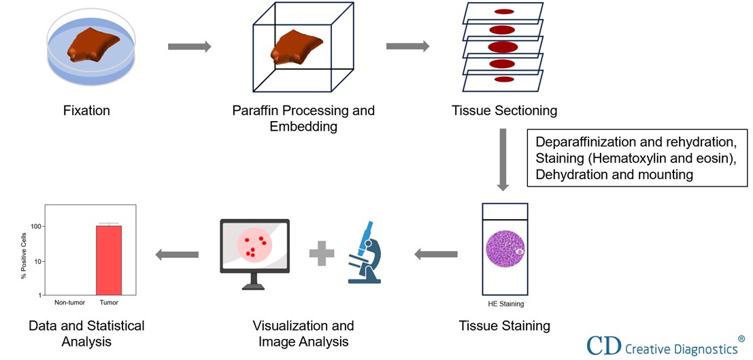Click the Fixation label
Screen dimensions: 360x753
pos(86,110)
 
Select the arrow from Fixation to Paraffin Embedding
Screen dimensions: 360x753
pos(189,46)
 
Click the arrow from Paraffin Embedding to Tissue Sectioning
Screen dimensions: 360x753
pos(407,46)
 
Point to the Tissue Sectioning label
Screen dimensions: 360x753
pos(504,110)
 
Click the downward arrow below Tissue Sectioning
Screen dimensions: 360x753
pos(503,160)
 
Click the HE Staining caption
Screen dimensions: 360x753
pos(505,304)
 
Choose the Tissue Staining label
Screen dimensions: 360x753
pos(504,325)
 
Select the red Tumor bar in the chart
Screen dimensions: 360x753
pos(108,259)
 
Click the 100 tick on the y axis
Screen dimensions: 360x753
pos(37,227)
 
